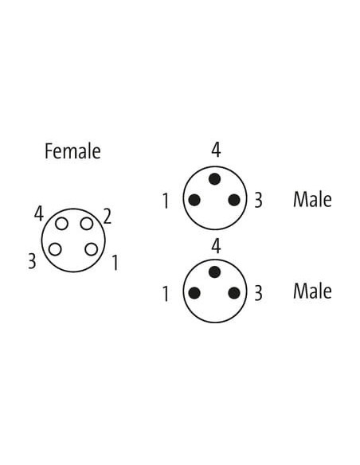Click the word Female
72,151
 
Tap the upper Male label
312,199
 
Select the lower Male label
312,291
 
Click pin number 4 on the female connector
39,214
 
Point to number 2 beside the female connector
107,217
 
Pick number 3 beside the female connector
32,261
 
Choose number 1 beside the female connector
115,263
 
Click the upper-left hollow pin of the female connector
61,224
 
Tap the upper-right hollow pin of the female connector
87,224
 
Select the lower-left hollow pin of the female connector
55,249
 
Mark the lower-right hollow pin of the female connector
91,249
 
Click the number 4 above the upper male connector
216,150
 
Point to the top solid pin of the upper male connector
215,179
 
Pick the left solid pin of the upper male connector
194,200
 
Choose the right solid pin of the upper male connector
234,200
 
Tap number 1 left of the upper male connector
166,201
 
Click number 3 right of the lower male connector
259,293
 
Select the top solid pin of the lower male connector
215,272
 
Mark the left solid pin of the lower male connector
194,293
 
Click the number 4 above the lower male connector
216,246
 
